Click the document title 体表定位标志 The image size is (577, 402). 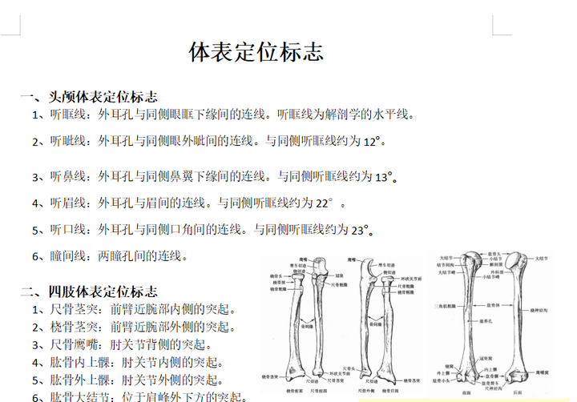tap(256, 53)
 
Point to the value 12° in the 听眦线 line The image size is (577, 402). tap(372, 142)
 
